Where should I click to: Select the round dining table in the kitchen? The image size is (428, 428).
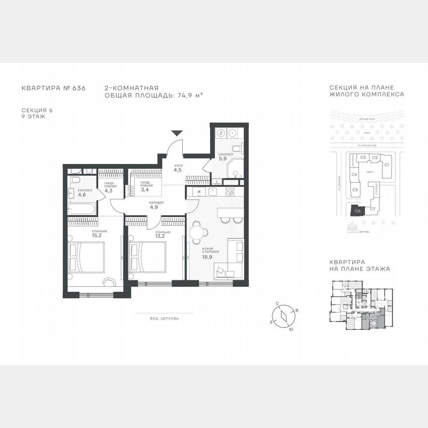[x=198, y=230]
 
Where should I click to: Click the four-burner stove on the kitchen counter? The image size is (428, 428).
[x=230, y=191]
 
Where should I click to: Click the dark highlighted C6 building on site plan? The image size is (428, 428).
[x=357, y=211]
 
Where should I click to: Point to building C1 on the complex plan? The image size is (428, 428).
[x=387, y=164]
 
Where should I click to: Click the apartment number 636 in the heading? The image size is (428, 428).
[x=79, y=88]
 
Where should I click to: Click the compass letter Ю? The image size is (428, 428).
[x=290, y=329]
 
